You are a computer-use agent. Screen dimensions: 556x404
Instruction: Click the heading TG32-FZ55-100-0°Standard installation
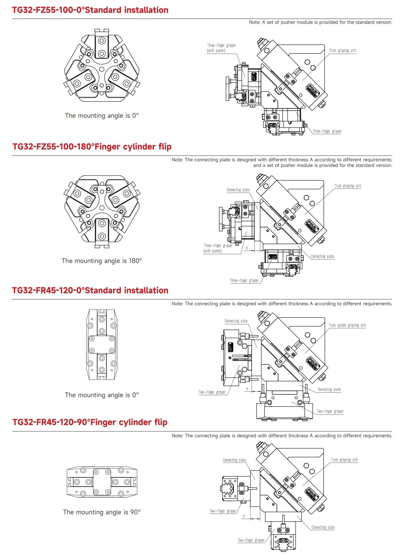90,10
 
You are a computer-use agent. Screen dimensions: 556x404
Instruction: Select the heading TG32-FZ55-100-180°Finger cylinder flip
92,147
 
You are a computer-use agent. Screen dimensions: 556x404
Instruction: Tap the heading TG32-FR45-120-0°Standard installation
90,291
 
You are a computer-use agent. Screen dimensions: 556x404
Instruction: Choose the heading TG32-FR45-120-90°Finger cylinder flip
90,422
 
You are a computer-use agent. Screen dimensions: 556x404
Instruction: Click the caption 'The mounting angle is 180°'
102,261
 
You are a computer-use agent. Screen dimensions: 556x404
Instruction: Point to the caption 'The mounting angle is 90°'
102,512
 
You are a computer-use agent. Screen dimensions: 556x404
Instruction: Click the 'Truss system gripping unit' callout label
347,325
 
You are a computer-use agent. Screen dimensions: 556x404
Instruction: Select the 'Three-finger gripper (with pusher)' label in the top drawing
221,48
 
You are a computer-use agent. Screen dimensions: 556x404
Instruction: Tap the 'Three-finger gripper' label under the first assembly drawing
327,131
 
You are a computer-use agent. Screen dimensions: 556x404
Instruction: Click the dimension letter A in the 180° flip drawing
247,248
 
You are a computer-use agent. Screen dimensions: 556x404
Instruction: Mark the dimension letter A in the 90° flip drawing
244,516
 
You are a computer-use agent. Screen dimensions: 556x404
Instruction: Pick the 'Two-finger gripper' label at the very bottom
251,541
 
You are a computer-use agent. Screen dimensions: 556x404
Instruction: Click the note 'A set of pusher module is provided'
321,22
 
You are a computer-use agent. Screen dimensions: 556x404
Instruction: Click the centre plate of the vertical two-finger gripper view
102,345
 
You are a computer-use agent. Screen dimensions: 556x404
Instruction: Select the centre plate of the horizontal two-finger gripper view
102,482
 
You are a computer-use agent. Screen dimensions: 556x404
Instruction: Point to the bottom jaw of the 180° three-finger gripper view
102,230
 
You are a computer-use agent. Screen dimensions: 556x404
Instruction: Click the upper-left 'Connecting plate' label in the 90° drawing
234,460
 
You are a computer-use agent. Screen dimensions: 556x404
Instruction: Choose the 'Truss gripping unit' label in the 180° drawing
347,186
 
